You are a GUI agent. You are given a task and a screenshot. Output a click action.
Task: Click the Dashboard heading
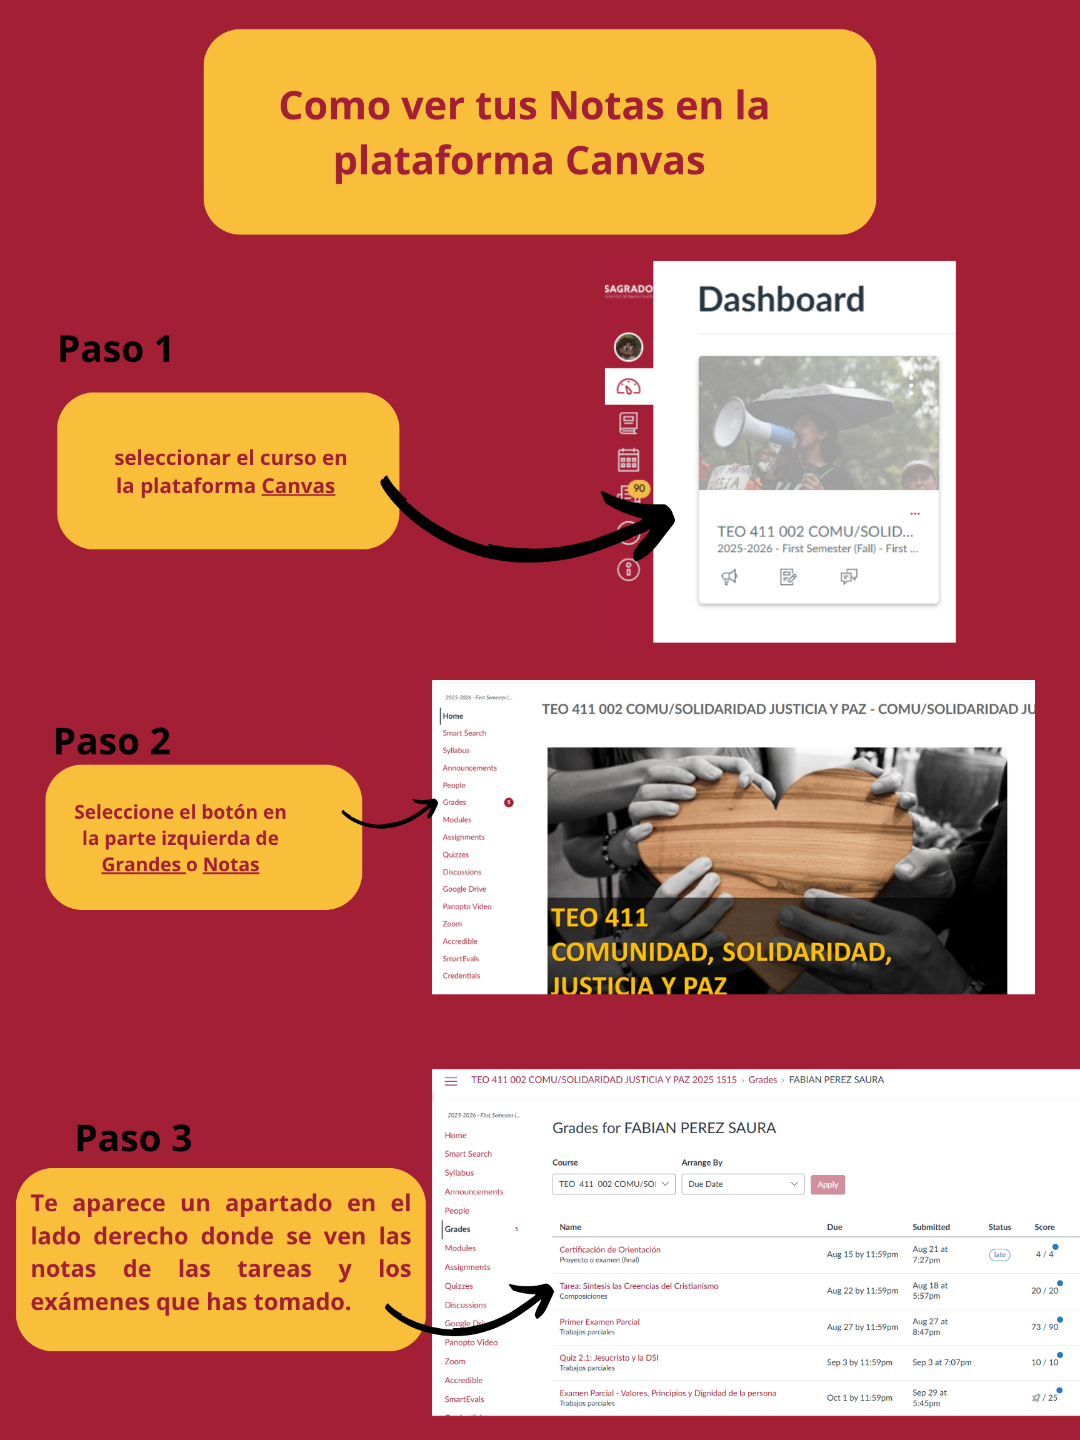pos(781,299)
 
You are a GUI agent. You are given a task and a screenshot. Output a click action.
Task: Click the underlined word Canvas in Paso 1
pos(297,486)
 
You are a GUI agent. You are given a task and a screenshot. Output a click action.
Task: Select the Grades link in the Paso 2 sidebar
pos(454,802)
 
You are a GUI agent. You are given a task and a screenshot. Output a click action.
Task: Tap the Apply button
pos(827,1184)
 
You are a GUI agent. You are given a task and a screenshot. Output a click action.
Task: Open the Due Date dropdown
pos(742,1184)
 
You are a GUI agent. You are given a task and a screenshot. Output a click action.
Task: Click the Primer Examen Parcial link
pos(599,1321)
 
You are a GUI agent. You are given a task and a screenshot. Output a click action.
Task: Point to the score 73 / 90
pos(1044,1327)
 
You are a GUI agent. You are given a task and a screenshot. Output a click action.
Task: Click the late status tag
pos(999,1254)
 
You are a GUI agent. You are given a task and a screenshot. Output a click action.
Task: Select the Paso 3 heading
pos(134,1139)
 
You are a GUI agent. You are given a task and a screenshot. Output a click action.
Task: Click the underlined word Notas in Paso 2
pos(231,864)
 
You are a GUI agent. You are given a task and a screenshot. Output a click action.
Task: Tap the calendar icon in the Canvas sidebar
pos(628,460)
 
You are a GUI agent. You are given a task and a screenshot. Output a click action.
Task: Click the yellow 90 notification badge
pos(639,488)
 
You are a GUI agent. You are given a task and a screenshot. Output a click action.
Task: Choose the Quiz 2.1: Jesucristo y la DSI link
pos(609,1357)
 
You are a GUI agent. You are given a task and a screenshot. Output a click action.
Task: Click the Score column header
pos(1044,1227)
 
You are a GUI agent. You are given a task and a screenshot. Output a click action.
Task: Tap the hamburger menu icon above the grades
pos(451,1081)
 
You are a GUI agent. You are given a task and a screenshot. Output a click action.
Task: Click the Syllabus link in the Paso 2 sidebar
pos(456,751)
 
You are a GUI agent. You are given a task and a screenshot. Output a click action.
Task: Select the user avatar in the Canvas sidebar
pos(628,347)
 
